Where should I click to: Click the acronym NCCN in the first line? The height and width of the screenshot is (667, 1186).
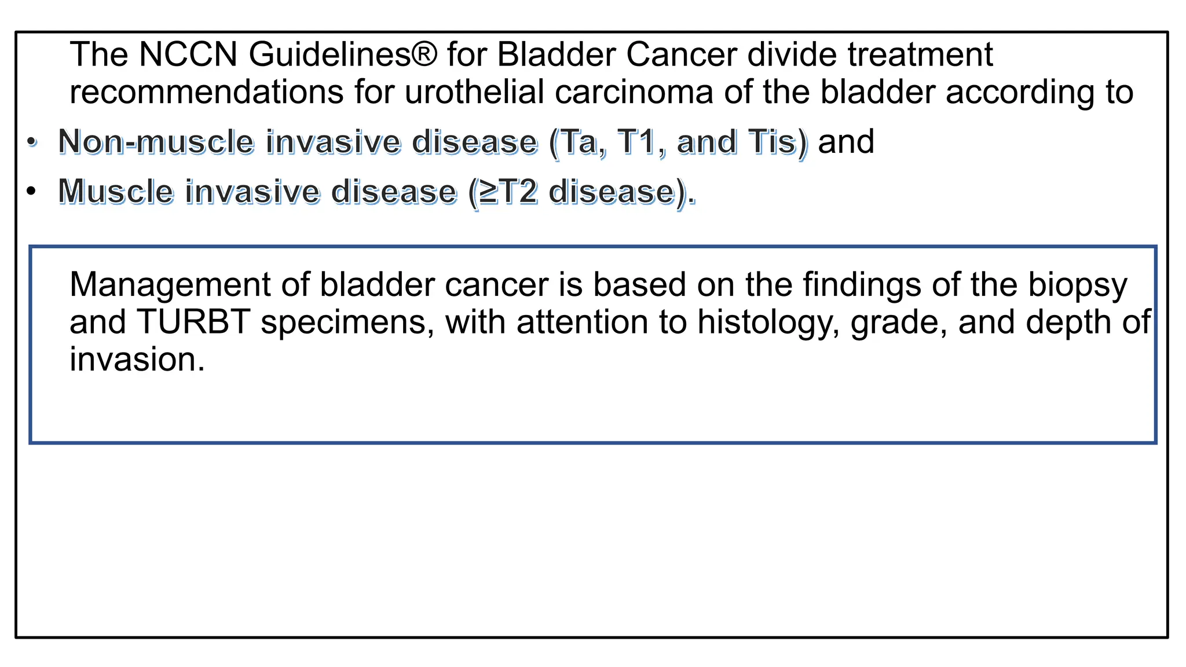pos(188,55)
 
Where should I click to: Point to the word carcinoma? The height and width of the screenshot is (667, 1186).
pos(634,93)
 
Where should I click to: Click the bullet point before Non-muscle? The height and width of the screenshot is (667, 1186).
pos(32,142)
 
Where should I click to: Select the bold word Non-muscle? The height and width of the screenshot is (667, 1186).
pos(156,142)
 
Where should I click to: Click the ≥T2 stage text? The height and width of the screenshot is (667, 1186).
pos(508,192)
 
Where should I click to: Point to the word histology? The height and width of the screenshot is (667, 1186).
pos(767,322)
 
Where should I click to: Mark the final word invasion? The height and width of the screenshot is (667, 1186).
pos(137,360)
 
